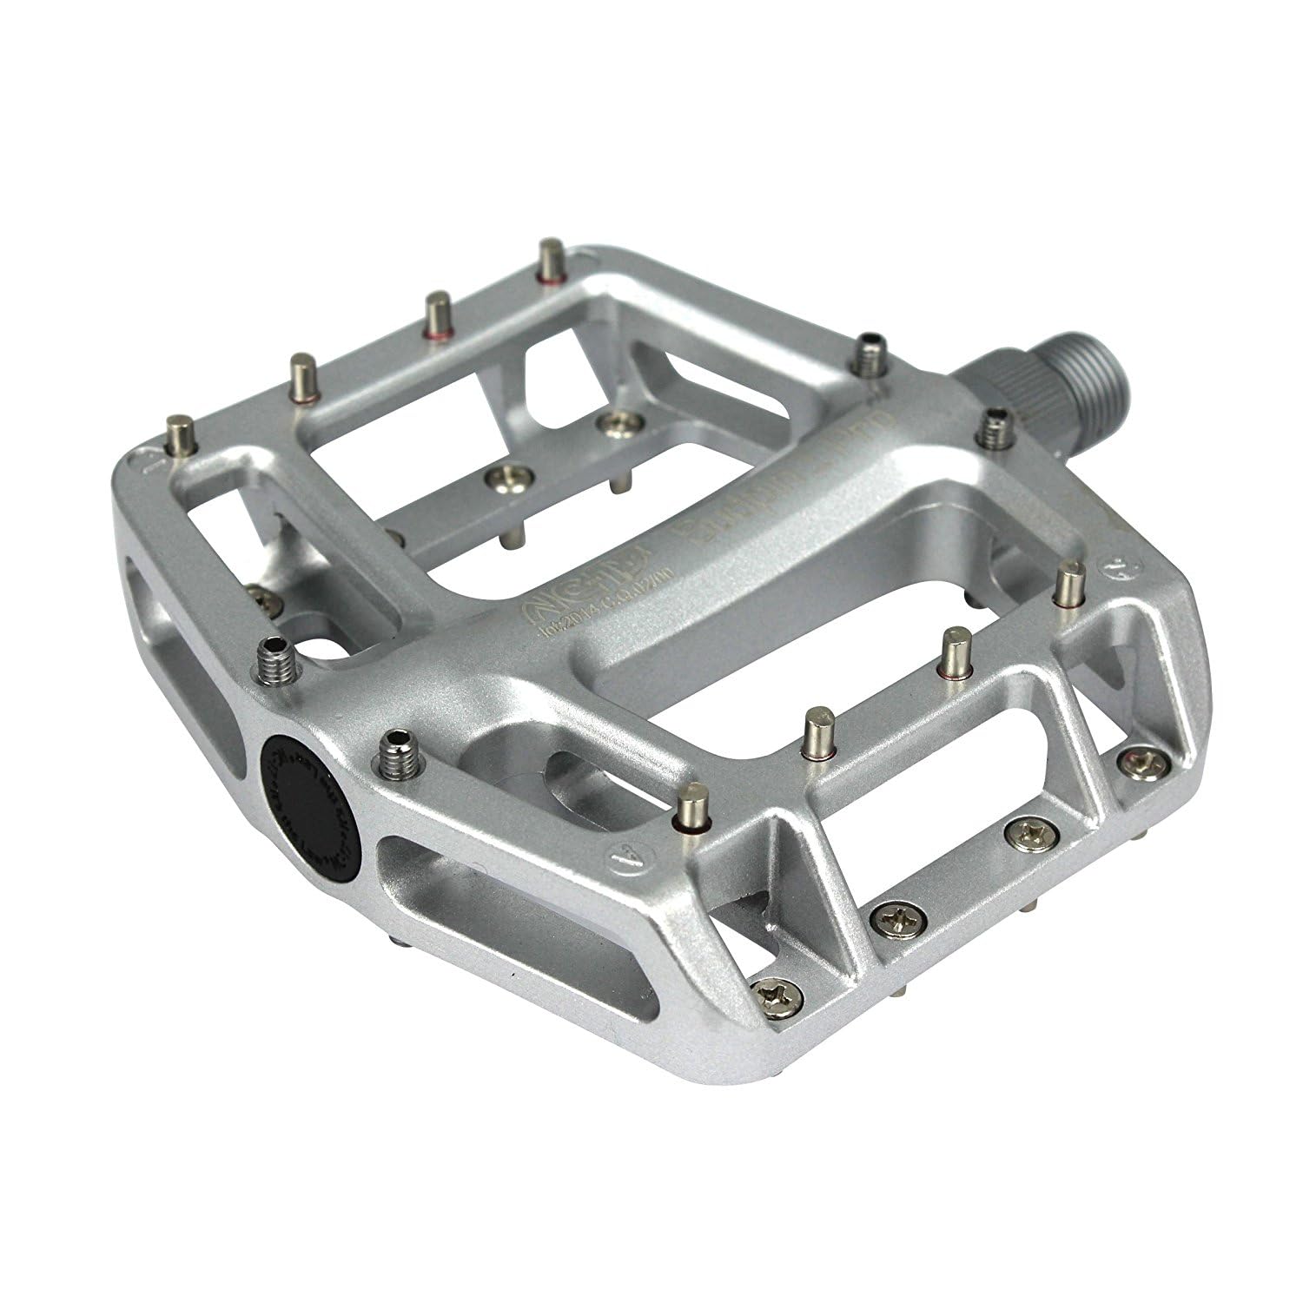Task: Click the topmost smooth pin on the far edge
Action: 550,261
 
